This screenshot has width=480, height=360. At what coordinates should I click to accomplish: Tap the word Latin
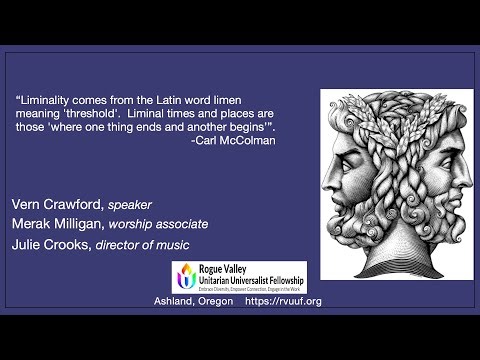(176, 100)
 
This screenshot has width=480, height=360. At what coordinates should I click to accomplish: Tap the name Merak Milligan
(56, 224)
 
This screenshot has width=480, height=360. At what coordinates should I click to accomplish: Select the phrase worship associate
(158, 224)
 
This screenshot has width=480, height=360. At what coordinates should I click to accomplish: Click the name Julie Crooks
(48, 243)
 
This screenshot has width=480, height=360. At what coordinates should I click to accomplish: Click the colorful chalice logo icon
(186, 276)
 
